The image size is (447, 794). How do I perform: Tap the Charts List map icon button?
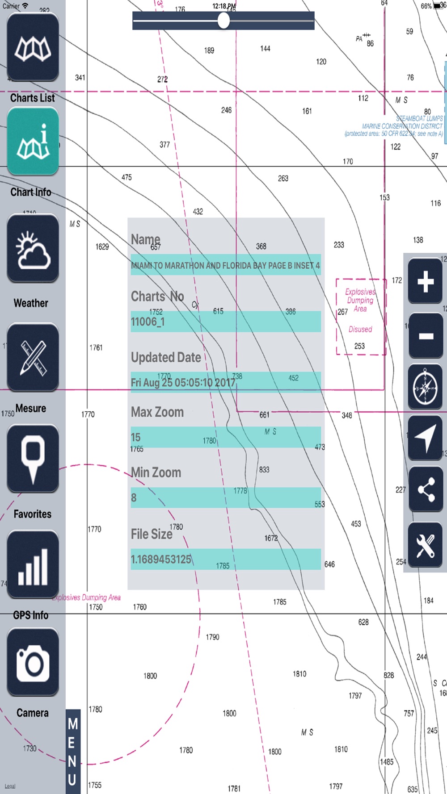33,47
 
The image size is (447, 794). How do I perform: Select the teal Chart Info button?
33,142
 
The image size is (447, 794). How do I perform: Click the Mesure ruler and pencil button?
33,357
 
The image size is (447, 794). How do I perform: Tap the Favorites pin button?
33,459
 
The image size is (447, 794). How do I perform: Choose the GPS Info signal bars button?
33,564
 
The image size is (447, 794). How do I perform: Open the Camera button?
33,662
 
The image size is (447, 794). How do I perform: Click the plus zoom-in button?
425,281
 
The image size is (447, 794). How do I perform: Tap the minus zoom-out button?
425,335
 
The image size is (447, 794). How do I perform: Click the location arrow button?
425,438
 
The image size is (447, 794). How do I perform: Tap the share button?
425,489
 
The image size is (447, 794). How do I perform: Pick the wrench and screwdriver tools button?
425,545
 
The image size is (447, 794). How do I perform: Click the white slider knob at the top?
223,21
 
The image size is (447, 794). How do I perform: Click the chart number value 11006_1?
148,322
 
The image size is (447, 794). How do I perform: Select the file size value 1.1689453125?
161,559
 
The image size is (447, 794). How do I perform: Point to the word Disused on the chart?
360,330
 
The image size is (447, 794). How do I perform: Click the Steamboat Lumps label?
419,118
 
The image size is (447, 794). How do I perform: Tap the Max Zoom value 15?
136,437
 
